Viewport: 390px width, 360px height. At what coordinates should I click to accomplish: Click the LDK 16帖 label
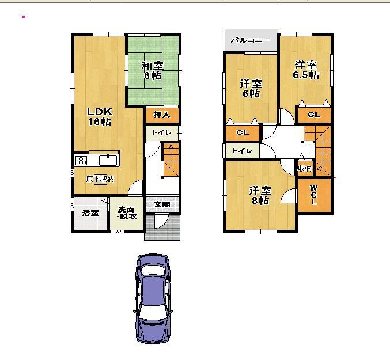(99, 116)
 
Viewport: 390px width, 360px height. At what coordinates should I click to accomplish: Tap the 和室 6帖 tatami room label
(153, 70)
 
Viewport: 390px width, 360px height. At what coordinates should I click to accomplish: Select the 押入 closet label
(162, 115)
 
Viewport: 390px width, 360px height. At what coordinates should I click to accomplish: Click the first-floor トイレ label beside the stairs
(161, 132)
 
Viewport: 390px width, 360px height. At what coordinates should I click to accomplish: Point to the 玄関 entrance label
(162, 204)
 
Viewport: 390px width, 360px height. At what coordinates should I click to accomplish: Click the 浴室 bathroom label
(90, 213)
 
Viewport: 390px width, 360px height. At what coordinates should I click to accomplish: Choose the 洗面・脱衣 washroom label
(127, 213)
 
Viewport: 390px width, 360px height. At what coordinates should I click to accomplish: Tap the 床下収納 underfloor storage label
(100, 179)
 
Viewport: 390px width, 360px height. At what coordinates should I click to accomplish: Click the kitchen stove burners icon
(81, 160)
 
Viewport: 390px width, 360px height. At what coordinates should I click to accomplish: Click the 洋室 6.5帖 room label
(305, 70)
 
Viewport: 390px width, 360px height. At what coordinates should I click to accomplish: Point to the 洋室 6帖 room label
(250, 88)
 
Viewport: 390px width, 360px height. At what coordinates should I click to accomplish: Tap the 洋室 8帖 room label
(259, 195)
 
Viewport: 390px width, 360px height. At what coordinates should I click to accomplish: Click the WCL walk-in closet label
(313, 195)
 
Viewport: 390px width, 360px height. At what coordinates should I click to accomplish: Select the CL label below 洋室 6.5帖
(313, 115)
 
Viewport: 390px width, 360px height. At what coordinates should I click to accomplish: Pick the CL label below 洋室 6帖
(242, 132)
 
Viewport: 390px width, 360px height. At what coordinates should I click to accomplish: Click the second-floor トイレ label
(241, 150)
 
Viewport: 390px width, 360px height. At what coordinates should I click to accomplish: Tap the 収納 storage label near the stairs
(304, 169)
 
